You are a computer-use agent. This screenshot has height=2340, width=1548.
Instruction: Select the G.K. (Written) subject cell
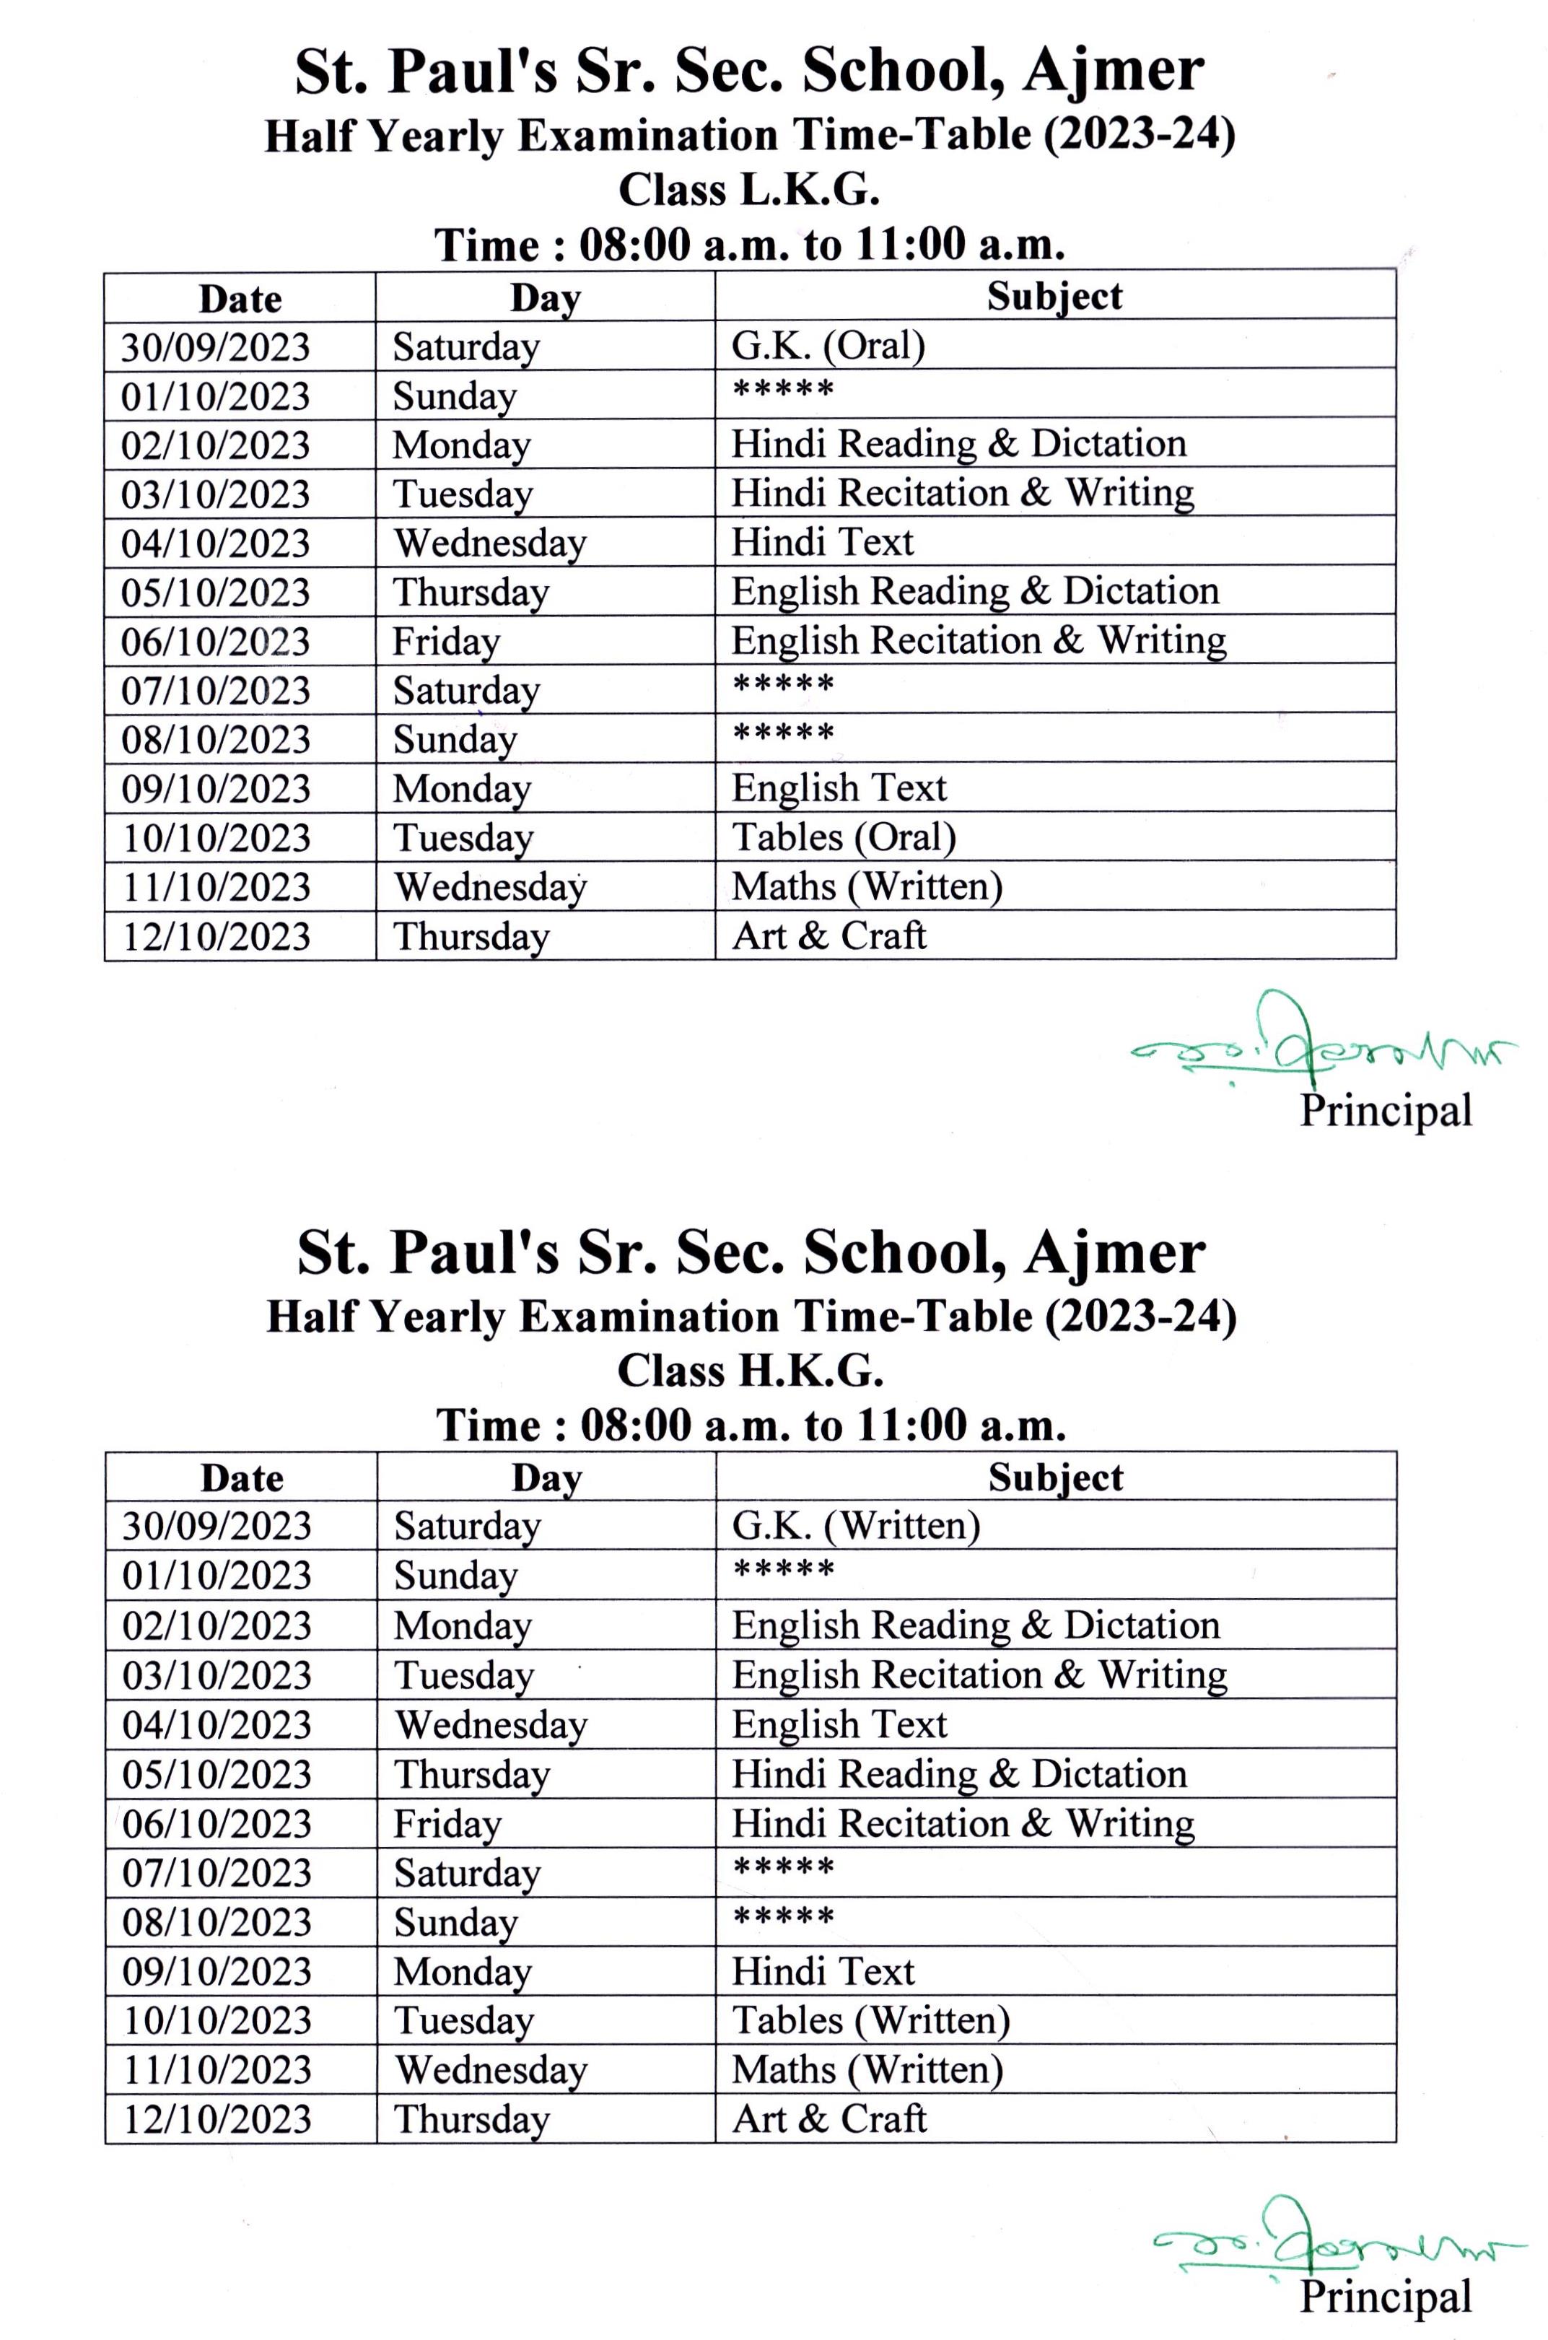pyautogui.click(x=855, y=1525)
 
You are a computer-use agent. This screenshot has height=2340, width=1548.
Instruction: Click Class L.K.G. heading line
pyautogui.click(x=748, y=190)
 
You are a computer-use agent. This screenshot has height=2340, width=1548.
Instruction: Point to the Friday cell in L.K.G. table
pyautogui.click(x=446, y=641)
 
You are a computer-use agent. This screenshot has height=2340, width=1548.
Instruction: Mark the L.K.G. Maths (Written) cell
pyautogui.click(x=866, y=886)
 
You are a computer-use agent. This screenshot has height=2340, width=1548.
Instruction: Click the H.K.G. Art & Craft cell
pyautogui.click(x=828, y=2118)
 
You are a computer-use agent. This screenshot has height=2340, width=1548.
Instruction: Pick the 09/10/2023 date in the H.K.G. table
pyautogui.click(x=217, y=1970)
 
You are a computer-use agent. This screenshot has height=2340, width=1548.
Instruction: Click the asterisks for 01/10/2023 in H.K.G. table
pyautogui.click(x=783, y=1570)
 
